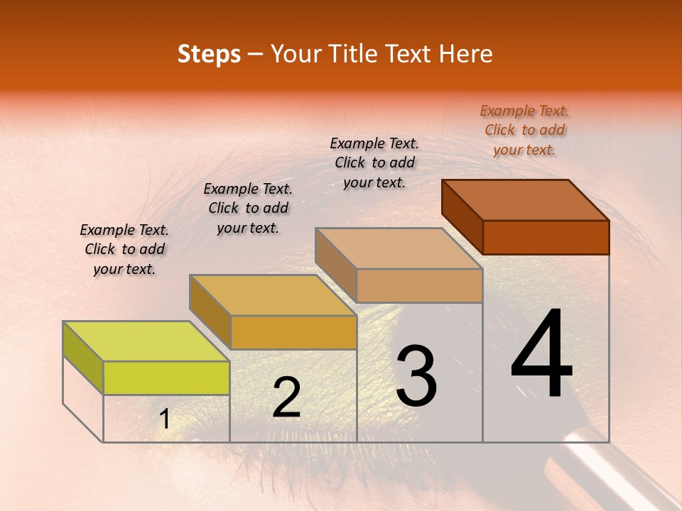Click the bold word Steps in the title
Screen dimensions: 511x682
(x=209, y=54)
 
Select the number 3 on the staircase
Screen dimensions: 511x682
(x=416, y=376)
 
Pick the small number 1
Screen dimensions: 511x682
(x=164, y=419)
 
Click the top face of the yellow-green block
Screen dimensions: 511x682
(x=146, y=341)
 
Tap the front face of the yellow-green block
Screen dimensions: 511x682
(x=166, y=378)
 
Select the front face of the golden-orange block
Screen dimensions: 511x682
(x=293, y=332)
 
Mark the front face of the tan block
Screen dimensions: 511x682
(x=419, y=285)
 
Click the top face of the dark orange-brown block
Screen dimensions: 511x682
(x=526, y=200)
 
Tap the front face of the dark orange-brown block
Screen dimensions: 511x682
(x=546, y=237)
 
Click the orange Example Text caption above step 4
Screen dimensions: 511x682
(x=524, y=130)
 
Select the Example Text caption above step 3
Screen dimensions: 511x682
(x=374, y=163)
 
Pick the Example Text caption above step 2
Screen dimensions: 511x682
(x=248, y=208)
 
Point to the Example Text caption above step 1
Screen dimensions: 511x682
(x=124, y=249)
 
